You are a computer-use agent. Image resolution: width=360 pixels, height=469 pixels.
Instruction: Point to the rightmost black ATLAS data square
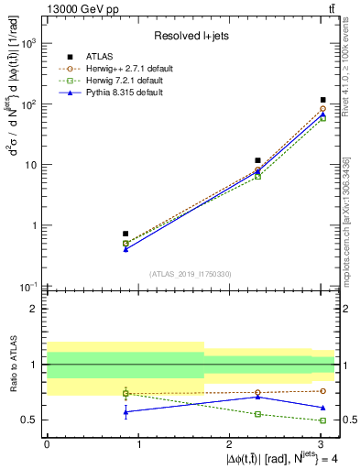(x=323, y=100)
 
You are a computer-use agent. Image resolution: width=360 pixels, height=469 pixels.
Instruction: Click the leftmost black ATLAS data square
(x=125, y=234)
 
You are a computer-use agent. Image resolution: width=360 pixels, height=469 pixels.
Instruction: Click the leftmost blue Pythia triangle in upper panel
(x=125, y=248)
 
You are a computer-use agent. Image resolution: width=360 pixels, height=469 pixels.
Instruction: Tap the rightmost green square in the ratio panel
(x=323, y=420)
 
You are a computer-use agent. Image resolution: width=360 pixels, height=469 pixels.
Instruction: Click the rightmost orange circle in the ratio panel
(x=323, y=391)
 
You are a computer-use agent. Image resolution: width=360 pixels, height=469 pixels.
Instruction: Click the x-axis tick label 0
(x=47, y=443)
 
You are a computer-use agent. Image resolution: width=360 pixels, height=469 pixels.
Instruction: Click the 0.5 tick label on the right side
(x=347, y=420)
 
